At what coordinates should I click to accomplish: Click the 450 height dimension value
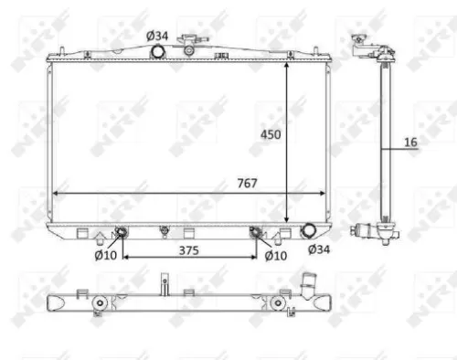click(271, 134)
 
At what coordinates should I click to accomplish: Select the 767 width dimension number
click(247, 183)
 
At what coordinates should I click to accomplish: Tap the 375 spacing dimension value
click(188, 249)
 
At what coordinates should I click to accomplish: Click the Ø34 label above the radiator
click(157, 35)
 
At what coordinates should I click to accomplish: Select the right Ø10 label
click(276, 255)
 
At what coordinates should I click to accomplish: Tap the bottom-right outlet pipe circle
click(309, 232)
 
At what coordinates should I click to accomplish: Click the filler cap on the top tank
click(190, 42)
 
